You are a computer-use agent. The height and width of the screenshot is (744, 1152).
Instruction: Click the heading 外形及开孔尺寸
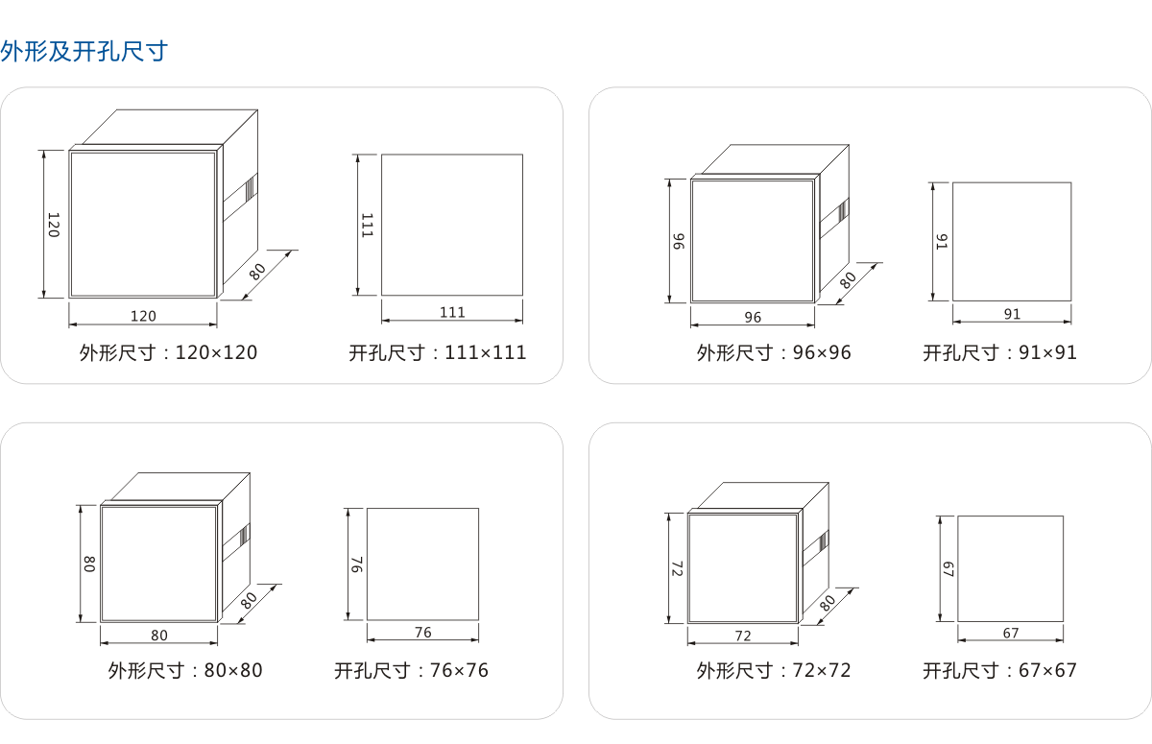[x=84, y=51]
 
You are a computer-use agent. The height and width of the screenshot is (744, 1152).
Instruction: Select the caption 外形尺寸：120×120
[x=168, y=352]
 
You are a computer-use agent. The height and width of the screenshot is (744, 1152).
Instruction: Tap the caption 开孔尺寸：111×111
[x=438, y=352]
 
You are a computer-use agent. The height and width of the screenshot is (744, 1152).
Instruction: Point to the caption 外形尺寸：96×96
[x=774, y=352]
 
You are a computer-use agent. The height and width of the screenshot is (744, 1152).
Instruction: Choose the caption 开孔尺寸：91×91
[x=1000, y=352]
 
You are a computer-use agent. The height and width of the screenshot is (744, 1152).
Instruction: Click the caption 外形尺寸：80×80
[x=185, y=670]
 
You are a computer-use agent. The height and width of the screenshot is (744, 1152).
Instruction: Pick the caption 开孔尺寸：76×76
[x=411, y=670]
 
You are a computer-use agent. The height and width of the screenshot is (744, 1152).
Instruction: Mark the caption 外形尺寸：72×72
[x=774, y=670]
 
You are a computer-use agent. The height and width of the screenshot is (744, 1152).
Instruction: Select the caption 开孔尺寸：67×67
[x=1000, y=670]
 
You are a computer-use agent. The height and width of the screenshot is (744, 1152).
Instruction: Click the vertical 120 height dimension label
[x=54, y=225]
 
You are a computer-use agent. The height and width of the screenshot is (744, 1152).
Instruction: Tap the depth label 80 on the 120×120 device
[x=257, y=272]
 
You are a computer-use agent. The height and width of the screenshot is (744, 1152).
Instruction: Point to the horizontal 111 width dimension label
[x=452, y=312]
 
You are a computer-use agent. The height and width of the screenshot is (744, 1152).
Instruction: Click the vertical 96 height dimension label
[x=678, y=241]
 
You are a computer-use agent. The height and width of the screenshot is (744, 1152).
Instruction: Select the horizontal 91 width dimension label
[x=1012, y=314]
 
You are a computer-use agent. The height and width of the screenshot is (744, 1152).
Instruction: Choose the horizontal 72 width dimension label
[x=743, y=636]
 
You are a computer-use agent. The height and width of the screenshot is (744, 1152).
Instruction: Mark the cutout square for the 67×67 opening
[x=1010, y=568]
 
